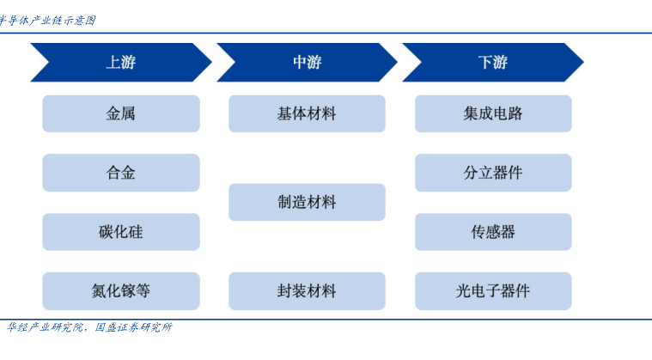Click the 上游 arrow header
tap(121, 63)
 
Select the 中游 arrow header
tap(307, 63)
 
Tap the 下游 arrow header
tap(493, 63)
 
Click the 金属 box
tap(121, 113)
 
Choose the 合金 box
tap(121, 173)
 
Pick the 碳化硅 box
tap(121, 231)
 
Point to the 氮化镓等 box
tap(121, 291)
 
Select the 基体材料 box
tap(307, 113)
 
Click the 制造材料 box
tap(307, 202)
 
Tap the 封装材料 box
tap(307, 291)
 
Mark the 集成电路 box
tap(493, 113)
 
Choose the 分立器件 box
tap(493, 173)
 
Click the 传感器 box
tap(493, 231)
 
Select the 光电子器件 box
tap(493, 291)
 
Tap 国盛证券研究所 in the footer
tap(133, 327)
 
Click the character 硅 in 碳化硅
tap(136, 232)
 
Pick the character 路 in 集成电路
tap(515, 113)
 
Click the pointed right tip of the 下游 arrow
tap(583, 63)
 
